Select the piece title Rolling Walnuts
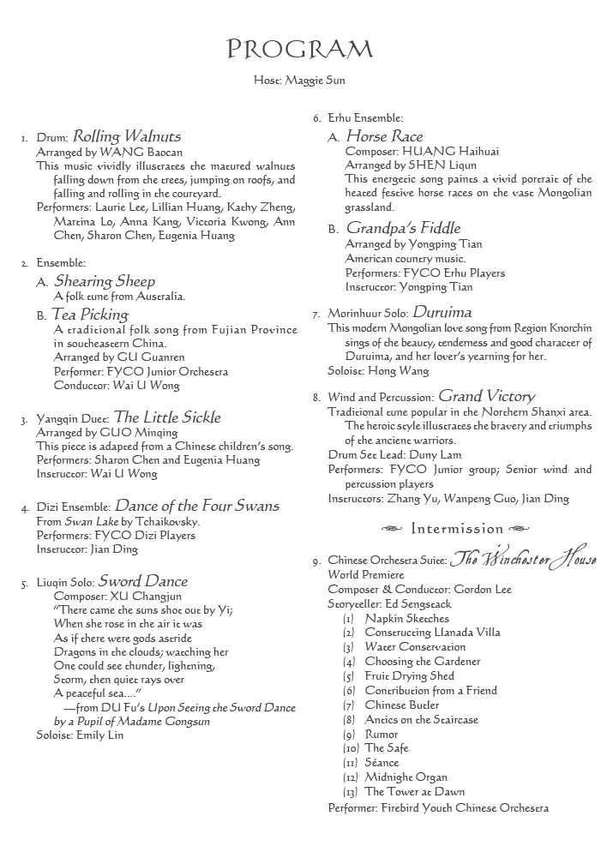coord(127,136)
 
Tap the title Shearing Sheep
coord(105,281)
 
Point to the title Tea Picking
coord(90,315)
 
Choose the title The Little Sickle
coord(167,417)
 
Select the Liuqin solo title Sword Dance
coord(142,581)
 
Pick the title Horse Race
coord(384,136)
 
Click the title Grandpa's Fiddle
coord(403,228)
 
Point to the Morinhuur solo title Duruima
coord(442,312)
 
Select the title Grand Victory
coord(486,396)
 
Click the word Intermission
coord(457,528)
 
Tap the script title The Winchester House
coord(524,560)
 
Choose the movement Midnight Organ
coord(406,777)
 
